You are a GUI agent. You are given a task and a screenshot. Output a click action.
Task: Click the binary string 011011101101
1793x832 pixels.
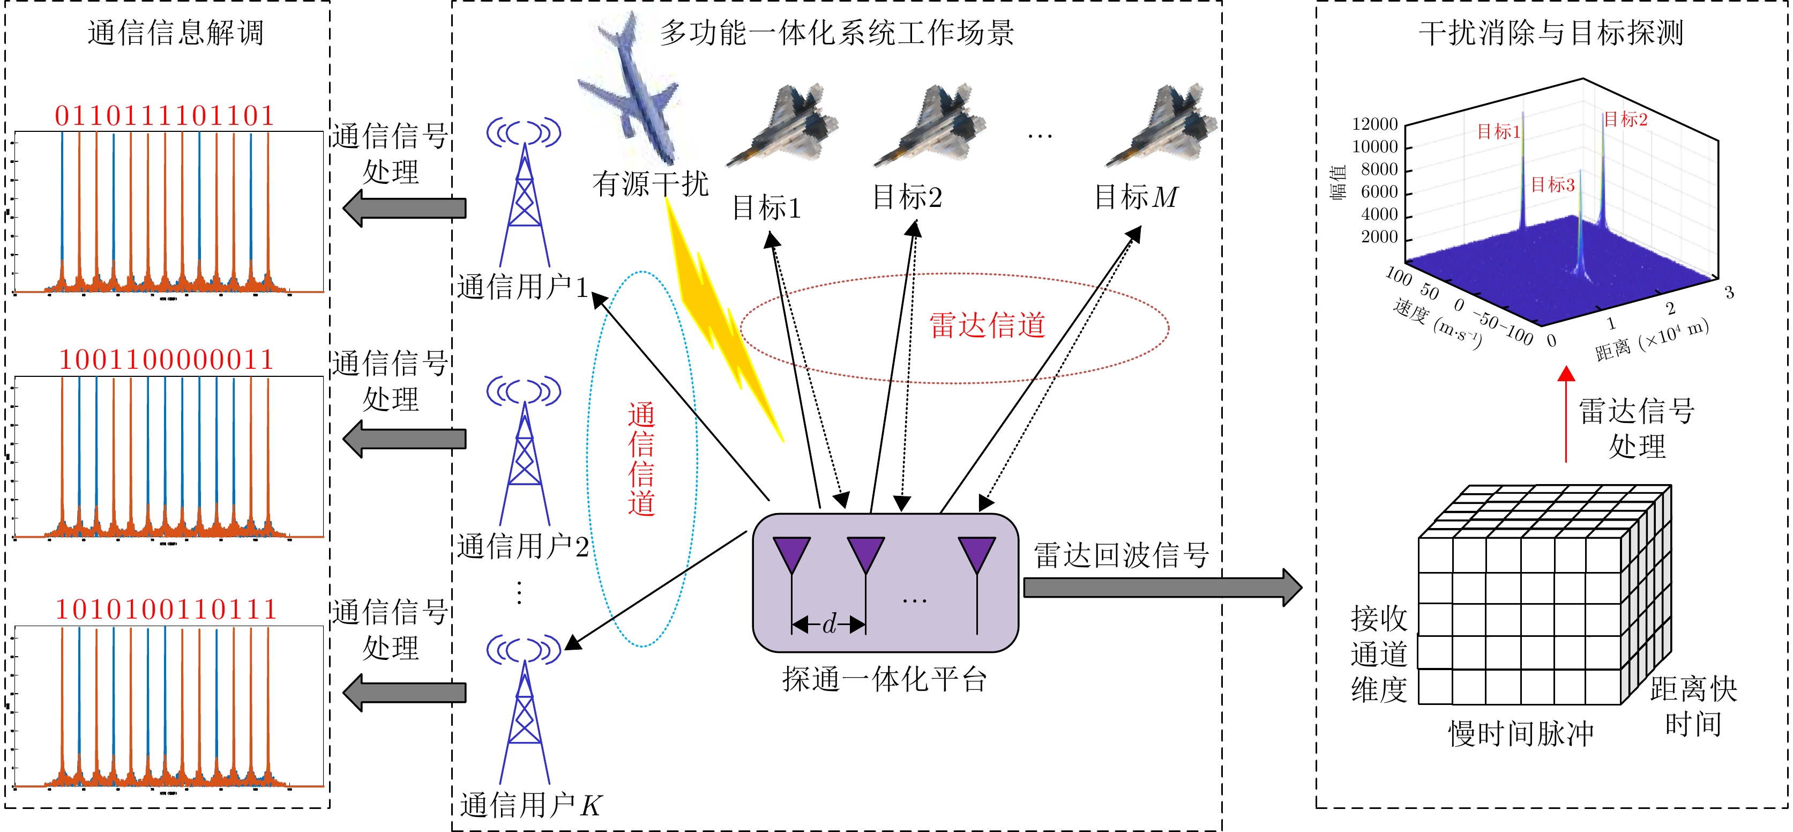[165, 116]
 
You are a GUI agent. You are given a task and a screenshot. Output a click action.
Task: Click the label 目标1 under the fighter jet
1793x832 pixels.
[766, 208]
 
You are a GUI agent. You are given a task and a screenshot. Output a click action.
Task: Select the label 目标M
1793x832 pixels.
[1135, 197]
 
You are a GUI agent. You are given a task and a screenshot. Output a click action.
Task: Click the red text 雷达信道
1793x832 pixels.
[987, 325]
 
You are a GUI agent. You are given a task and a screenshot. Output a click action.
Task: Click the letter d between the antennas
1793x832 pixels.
[828, 625]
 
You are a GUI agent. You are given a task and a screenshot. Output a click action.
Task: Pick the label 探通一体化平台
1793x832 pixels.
[885, 679]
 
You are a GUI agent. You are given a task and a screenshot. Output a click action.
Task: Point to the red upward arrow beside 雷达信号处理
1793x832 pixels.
[1566, 414]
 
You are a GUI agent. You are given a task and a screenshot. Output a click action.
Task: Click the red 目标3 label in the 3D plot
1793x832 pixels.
[1552, 184]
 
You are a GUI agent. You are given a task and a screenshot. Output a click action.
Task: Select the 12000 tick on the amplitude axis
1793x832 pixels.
[1374, 124]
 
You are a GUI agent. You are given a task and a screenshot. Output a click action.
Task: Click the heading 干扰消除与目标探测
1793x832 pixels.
[1551, 33]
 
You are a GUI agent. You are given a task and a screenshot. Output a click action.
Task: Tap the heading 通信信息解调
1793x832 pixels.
[175, 33]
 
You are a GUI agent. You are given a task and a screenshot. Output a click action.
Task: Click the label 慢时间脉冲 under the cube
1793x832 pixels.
[1521, 734]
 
